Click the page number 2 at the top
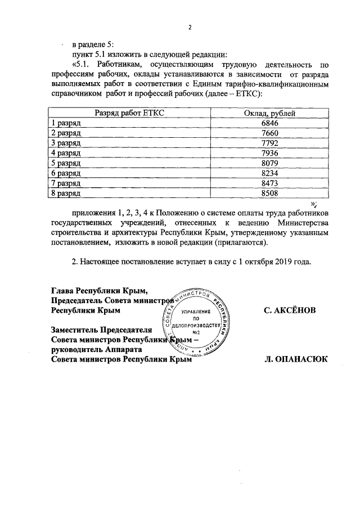click(x=190, y=28)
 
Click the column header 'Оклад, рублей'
click(x=269, y=114)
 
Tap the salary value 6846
click(x=269, y=123)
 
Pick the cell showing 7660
click(x=269, y=133)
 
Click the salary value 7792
click(x=269, y=143)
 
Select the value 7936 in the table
click(x=269, y=153)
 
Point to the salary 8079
click(x=269, y=163)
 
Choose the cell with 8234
click(x=269, y=173)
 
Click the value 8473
click(x=269, y=183)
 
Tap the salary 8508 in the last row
click(x=269, y=193)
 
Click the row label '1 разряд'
click(x=66, y=123)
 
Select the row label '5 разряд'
click(x=66, y=163)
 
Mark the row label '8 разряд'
click(x=66, y=193)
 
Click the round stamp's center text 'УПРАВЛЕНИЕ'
click(x=197, y=311)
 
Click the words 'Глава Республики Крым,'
click(x=100, y=290)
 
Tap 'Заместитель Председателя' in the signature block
click(x=101, y=330)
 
